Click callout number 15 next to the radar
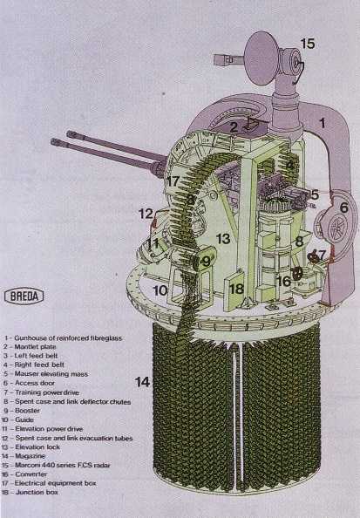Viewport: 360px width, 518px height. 308,43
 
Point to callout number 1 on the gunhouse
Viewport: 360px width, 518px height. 322,124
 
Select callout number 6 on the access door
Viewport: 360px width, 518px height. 343,208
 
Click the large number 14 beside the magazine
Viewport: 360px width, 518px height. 142,381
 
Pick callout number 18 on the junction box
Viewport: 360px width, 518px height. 235,290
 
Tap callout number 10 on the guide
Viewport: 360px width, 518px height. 160,290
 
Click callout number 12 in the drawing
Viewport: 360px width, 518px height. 145,214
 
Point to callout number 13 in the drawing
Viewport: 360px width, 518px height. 223,239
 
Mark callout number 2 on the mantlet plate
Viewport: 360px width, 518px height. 234,127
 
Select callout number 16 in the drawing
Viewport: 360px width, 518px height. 284,281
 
